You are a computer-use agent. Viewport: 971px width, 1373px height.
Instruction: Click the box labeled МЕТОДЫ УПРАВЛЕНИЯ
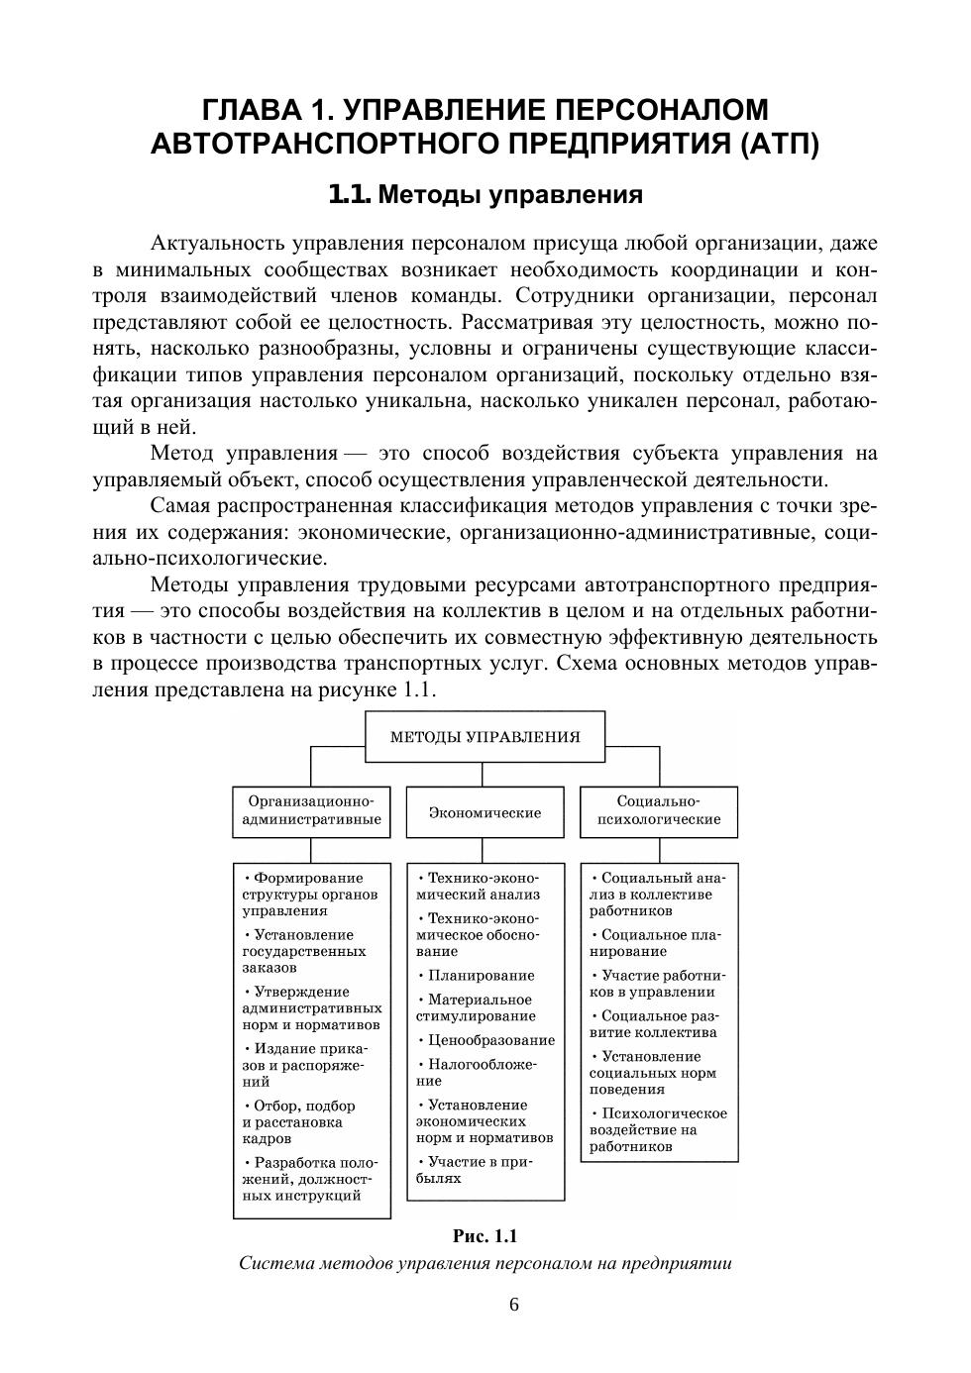[x=485, y=737]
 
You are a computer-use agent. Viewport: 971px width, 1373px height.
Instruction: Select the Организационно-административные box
[x=311, y=811]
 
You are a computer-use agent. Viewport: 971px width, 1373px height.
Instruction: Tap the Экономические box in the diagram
[x=485, y=812]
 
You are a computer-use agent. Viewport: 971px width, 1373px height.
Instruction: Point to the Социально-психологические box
[x=658, y=811]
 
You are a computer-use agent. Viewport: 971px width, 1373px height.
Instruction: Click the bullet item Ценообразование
[x=485, y=1040]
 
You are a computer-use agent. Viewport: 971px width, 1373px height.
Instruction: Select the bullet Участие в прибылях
[x=476, y=1170]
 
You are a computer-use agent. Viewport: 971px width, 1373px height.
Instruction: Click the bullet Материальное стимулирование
[x=476, y=1007]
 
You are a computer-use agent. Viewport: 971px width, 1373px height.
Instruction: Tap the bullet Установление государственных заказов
[x=304, y=951]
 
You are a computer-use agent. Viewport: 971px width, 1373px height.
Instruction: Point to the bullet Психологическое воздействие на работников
[x=658, y=1130]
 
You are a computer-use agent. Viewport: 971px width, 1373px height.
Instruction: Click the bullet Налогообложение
[x=477, y=1073]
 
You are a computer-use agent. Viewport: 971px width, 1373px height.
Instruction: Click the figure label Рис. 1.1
[x=485, y=1236]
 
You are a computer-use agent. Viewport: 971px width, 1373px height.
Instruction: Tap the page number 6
[x=514, y=1305]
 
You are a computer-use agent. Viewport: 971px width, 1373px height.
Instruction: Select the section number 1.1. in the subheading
[x=350, y=194]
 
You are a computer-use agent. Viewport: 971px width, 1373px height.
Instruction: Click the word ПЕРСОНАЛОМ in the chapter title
[x=657, y=109]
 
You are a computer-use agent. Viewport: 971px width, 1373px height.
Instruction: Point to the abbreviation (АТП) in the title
[x=779, y=145]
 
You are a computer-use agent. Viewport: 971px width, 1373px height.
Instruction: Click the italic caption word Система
[x=273, y=1264]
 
